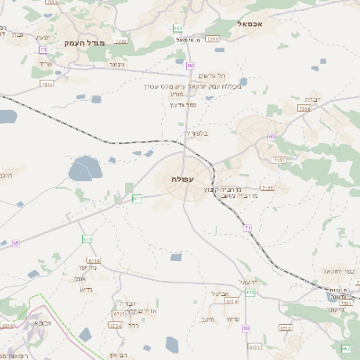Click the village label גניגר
118,64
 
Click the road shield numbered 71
247,229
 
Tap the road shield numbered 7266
213,40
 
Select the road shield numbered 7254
304,108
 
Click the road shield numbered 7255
47,84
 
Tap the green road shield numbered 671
138,197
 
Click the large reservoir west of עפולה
85,167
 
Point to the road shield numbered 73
43,49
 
